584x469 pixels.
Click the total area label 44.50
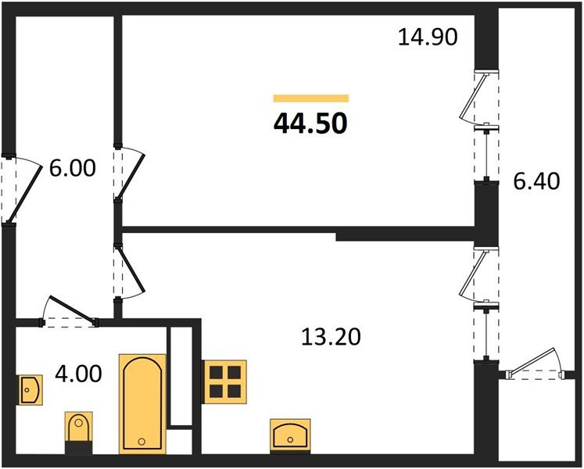tap(310, 123)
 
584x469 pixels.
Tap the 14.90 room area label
tap(426, 36)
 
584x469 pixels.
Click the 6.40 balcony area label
tap(536, 182)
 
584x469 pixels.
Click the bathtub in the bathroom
tap(142, 403)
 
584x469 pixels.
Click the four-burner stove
tap(225, 381)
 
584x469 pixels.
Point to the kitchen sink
tap(291, 431)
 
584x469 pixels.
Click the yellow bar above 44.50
tap(310, 98)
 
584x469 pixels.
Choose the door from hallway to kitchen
tap(127, 271)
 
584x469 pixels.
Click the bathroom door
tap(69, 311)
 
